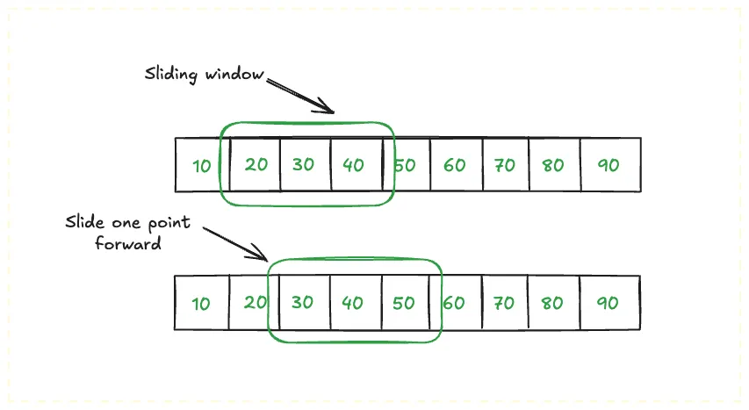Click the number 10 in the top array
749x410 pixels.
pos(202,165)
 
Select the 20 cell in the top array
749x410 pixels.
pos(256,164)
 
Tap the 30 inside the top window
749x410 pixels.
pos(303,164)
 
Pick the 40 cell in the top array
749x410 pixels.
pos(354,164)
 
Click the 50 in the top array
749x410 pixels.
pos(405,164)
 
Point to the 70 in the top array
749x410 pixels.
pos(504,164)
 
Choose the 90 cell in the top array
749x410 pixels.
pos(608,164)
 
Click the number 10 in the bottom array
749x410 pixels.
pos(201,304)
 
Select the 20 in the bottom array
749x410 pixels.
pos(255,303)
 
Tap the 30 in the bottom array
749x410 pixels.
pos(302,303)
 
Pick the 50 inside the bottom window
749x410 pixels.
pos(403,303)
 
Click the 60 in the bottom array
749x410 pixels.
pos(454,303)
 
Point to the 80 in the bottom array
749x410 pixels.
pos(552,303)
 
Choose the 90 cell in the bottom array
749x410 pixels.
pos(608,303)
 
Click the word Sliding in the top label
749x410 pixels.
pos(170,74)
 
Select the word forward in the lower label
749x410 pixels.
pos(128,244)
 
